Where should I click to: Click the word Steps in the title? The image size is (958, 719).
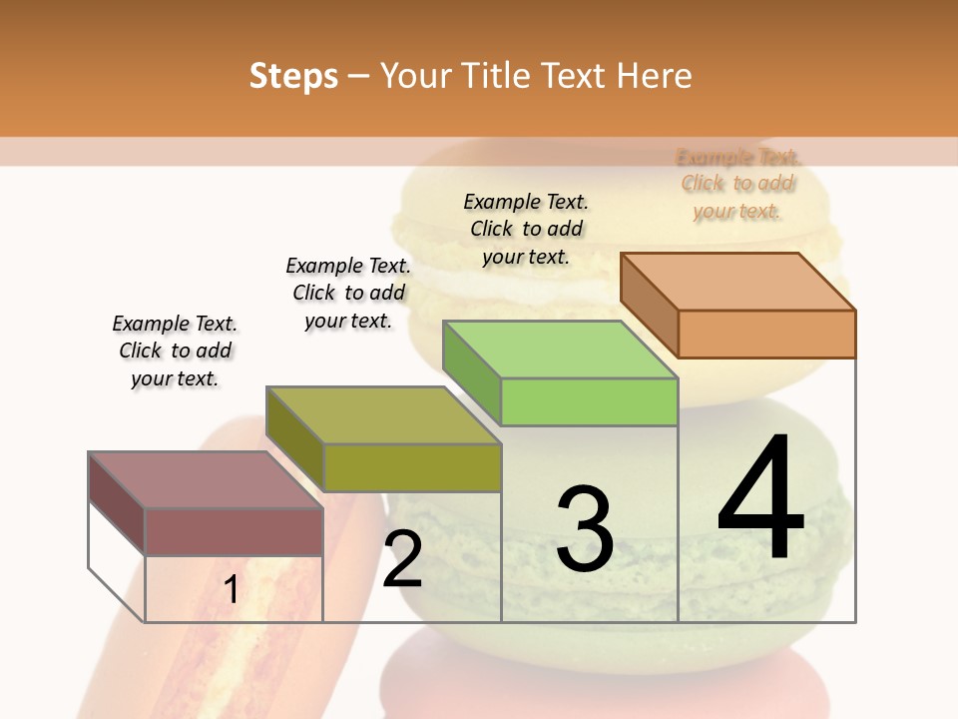coord(293,76)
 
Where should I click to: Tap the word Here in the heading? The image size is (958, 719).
coord(654,76)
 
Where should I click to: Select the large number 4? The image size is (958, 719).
coord(760,499)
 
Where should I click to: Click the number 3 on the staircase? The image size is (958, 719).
coord(584,529)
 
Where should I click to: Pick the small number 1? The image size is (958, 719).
coord(231,590)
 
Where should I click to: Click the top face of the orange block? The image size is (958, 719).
coord(736,281)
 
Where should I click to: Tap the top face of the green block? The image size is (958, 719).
coord(559,349)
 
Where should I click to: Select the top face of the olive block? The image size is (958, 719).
coord(382,414)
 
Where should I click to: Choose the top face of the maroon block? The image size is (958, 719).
coord(206,479)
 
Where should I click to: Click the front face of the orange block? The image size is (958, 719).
coord(766,334)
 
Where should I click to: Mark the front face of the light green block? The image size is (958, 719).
coord(589,401)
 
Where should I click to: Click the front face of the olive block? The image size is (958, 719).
coord(412,467)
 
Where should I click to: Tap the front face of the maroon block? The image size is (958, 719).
coord(235,531)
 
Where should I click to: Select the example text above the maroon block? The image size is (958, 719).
coord(175,351)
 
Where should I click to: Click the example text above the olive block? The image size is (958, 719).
coord(348,293)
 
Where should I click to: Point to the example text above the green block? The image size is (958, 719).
coord(526,229)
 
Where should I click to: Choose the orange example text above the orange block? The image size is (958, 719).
coord(737,184)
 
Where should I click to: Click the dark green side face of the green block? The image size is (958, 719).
coord(471,372)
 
